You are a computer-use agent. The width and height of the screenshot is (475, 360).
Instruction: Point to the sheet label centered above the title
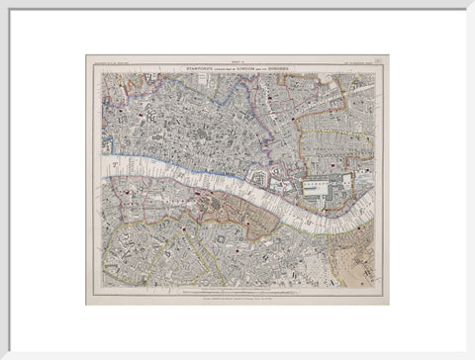(237, 59)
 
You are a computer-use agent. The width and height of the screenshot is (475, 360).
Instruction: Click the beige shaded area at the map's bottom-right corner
(361, 267)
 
